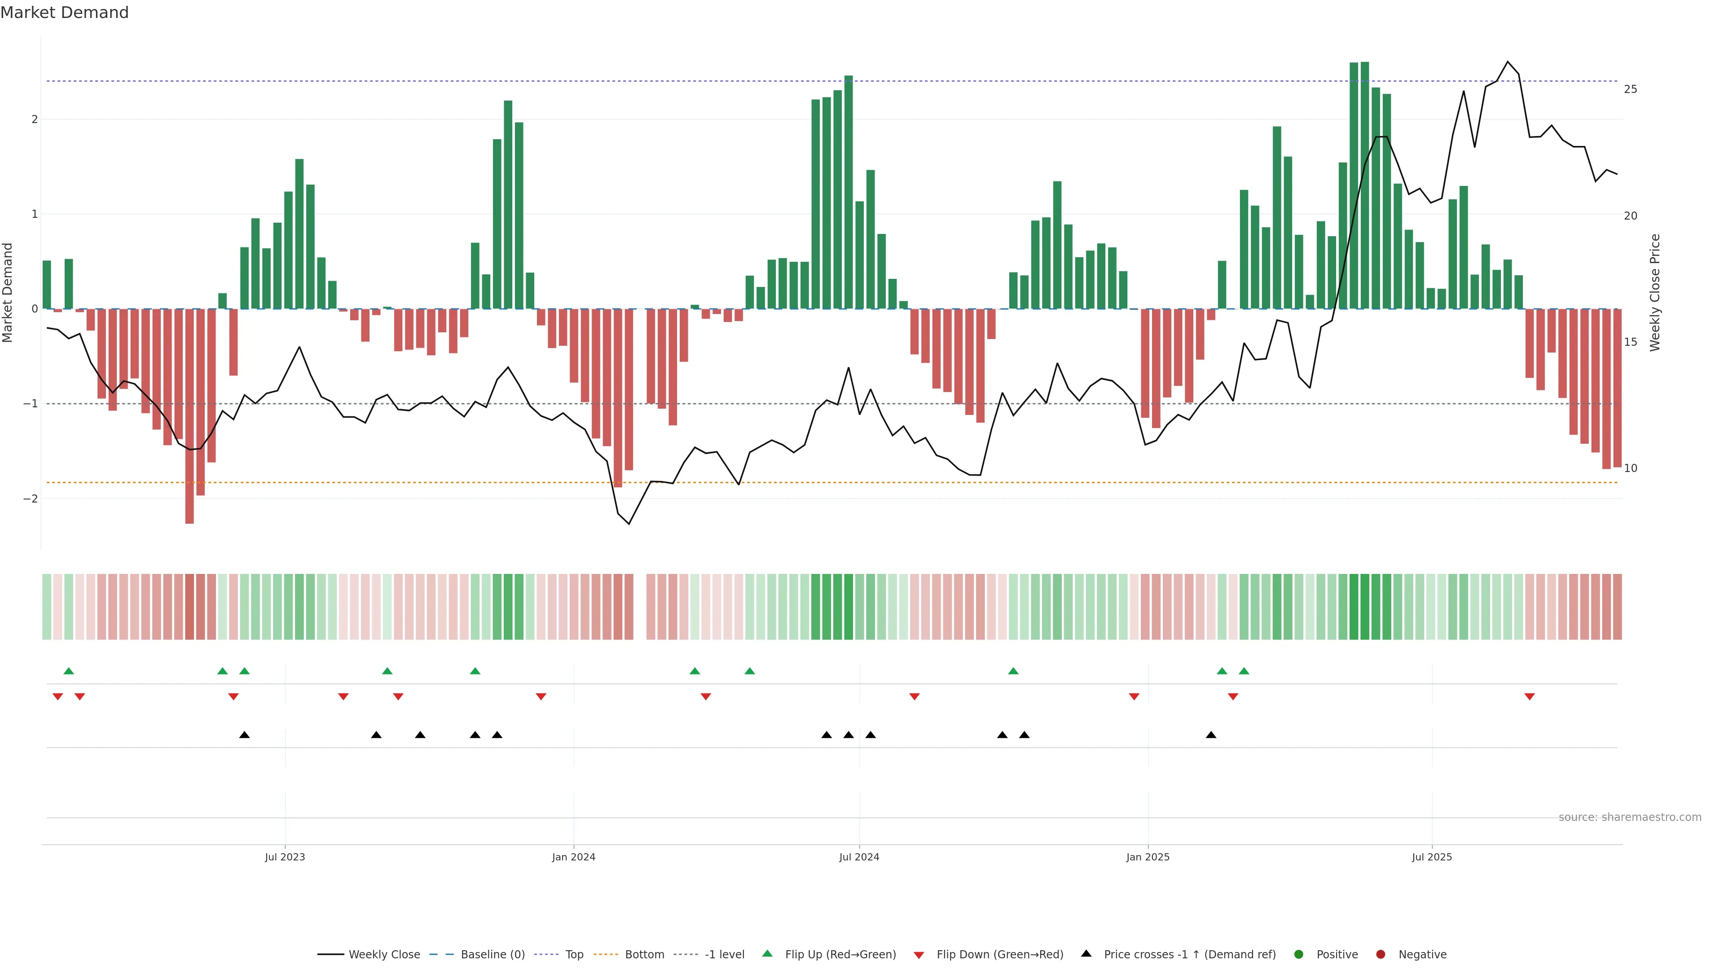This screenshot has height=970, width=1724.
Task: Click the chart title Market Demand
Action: [x=64, y=13]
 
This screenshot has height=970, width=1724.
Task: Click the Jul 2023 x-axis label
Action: [x=285, y=857]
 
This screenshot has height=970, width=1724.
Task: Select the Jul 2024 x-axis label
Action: [x=859, y=857]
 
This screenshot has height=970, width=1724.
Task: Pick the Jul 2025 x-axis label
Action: [x=1432, y=857]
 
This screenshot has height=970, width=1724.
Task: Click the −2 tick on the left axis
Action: [x=31, y=499]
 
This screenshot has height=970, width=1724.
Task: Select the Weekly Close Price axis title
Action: [x=1654, y=292]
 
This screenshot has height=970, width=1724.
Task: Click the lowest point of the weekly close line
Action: [x=629, y=524]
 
